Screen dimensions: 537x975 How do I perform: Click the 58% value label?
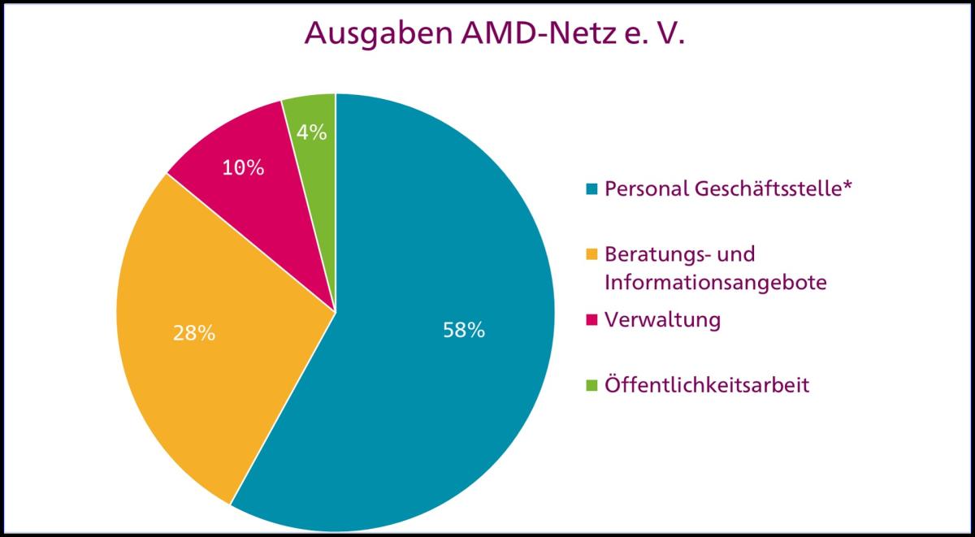click(464, 331)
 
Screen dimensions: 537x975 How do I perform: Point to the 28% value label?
click(193, 333)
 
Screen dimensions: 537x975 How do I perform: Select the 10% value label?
click(244, 168)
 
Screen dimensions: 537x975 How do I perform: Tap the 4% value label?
click(312, 132)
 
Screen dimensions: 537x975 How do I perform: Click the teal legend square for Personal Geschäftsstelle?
click(591, 190)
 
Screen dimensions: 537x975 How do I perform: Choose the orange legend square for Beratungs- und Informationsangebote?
click(591, 255)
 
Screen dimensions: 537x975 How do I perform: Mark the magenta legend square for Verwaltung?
click(591, 320)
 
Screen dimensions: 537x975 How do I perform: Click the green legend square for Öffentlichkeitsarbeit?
click(591, 385)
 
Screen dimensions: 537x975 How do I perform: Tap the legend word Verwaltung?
click(662, 320)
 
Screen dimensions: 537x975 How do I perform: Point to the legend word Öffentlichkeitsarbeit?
click(707, 385)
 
